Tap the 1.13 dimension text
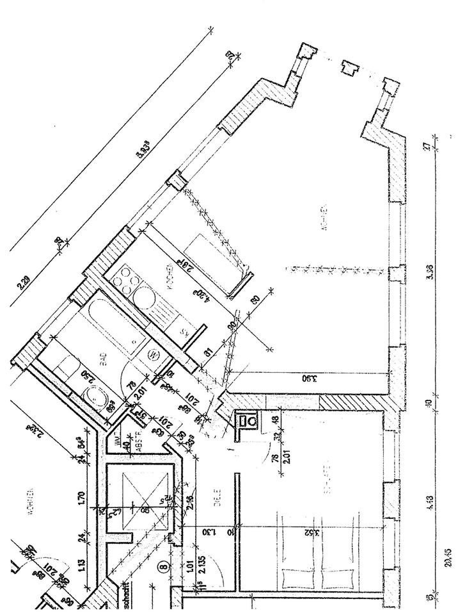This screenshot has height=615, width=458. point(80,564)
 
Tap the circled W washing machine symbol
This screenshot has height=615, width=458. point(154,353)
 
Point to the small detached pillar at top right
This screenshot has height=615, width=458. point(349,68)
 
